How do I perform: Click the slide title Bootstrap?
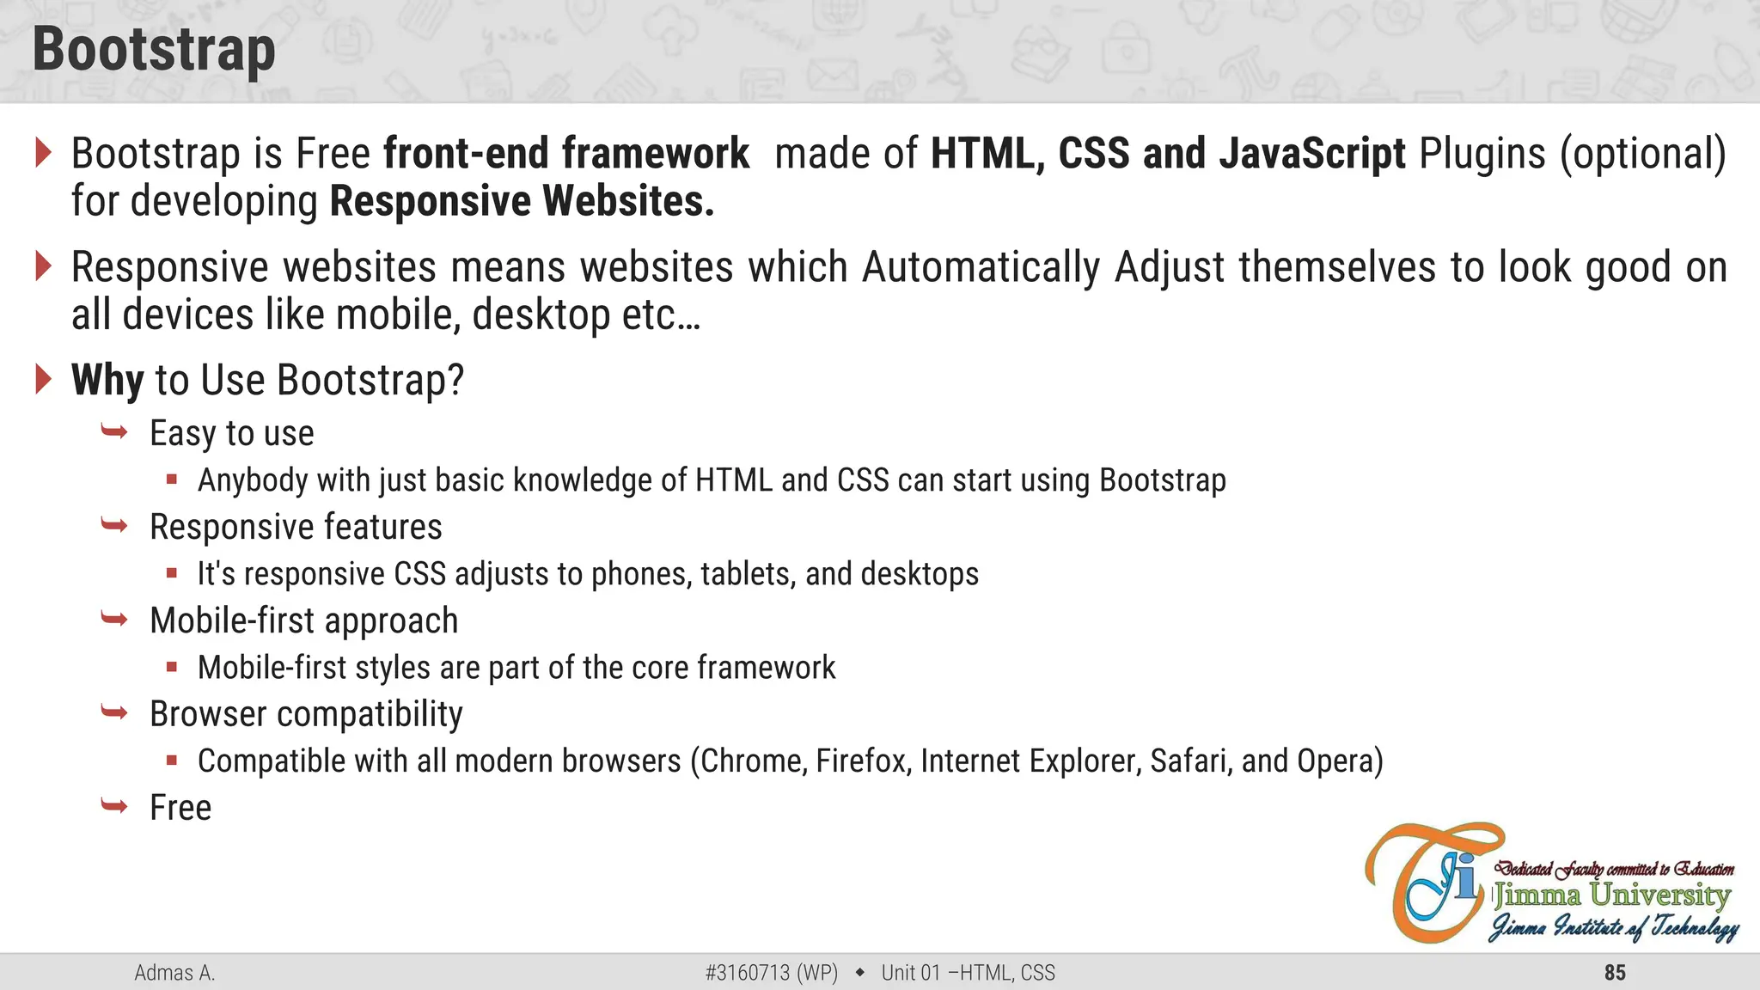[154, 50]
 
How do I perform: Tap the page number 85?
[1615, 973]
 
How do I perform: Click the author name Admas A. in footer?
[174, 973]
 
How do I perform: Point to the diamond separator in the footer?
[859, 973]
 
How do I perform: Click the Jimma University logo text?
[1611, 895]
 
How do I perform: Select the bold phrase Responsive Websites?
[522, 201]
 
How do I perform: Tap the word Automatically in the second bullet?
[981, 267]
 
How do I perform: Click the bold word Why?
[107, 380]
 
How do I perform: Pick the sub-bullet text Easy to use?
[231, 433]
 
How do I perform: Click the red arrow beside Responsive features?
[114, 525]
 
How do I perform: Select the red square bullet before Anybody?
[172, 480]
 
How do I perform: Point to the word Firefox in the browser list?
[863, 761]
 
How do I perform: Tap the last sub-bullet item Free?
[180, 808]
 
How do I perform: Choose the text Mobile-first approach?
[303, 620]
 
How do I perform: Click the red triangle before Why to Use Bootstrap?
[43, 379]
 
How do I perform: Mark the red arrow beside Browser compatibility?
[114, 712]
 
